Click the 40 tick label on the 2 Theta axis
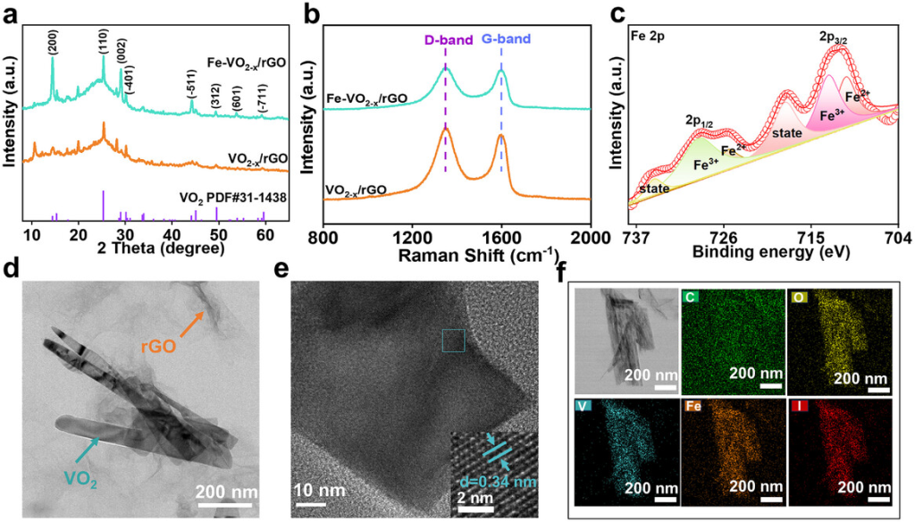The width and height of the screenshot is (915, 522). (172, 233)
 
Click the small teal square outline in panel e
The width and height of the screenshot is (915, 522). (453, 341)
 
